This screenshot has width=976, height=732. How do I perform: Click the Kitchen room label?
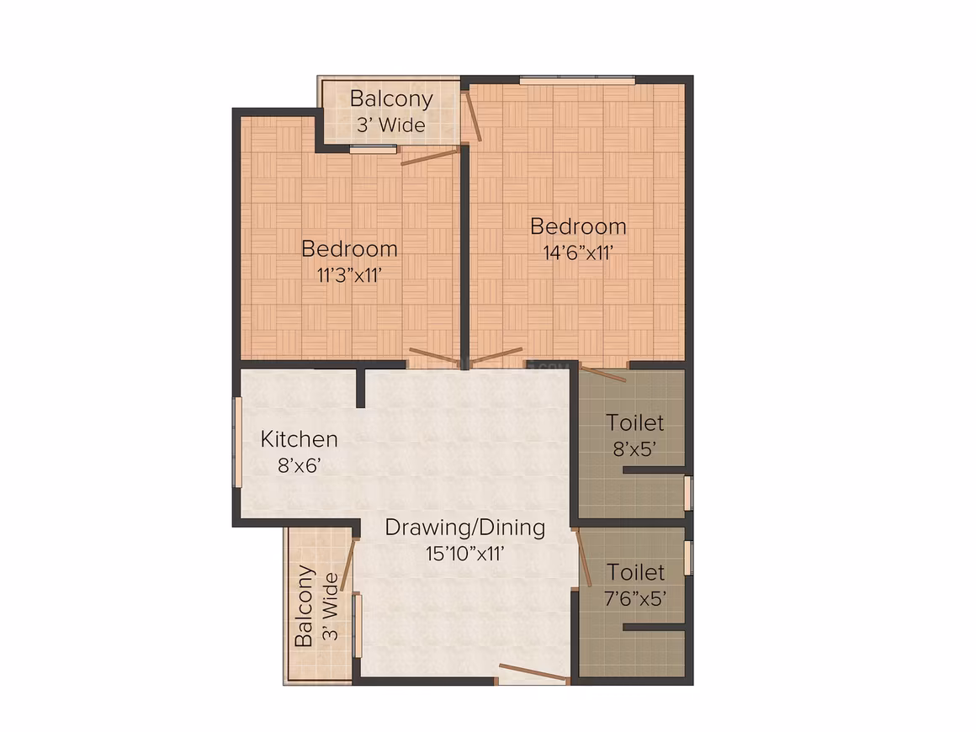point(299,439)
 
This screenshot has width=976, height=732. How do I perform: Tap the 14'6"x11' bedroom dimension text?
point(578,252)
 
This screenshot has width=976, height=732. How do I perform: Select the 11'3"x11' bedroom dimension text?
point(349,274)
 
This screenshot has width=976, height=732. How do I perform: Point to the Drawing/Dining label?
point(465,528)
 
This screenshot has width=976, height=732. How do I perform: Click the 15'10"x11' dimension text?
point(465,554)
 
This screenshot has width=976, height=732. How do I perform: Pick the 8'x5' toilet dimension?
point(635,448)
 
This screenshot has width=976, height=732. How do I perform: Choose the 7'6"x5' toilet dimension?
point(635,598)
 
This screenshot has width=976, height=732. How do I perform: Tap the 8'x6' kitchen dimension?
point(299,465)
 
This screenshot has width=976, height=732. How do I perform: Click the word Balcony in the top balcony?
point(391,99)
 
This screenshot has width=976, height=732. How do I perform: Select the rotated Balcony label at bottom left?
point(304,606)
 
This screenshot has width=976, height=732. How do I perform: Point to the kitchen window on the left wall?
point(237,442)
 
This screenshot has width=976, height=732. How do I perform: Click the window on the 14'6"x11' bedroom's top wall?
point(577,80)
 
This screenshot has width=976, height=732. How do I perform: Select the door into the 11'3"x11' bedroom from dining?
point(434,357)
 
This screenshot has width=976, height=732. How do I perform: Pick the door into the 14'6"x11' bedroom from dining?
point(496,358)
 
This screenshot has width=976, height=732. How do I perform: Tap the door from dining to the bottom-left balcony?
point(348,564)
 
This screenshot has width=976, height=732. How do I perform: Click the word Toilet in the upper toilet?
point(635,422)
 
